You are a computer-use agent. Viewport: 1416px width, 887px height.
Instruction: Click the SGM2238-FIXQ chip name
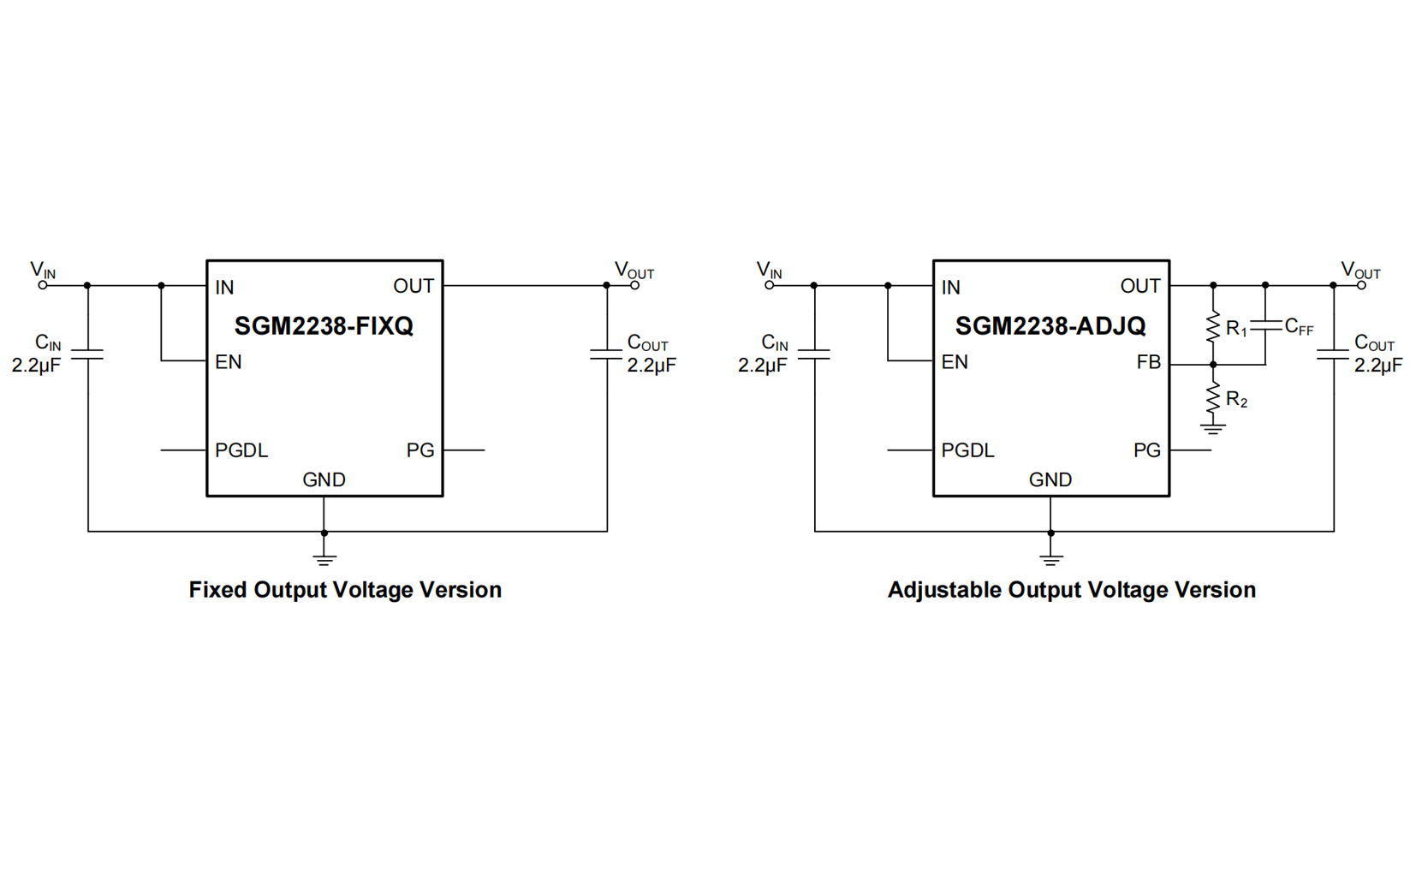click(x=324, y=326)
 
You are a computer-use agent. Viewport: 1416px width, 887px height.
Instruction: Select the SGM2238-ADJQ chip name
click(x=1050, y=326)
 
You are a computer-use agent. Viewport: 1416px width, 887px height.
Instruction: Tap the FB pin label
click(x=1148, y=363)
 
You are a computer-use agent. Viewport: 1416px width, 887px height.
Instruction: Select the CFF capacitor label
click(x=1299, y=327)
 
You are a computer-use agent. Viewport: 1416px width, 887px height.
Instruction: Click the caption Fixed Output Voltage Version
click(x=345, y=590)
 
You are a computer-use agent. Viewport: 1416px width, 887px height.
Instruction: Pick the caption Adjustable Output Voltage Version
click(x=1071, y=590)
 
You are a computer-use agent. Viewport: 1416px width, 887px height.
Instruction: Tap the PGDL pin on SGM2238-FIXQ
click(x=241, y=450)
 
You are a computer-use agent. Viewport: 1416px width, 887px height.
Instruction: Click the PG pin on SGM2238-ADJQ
click(x=1146, y=450)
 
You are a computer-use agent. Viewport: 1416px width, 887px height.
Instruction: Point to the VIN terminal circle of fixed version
click(x=43, y=285)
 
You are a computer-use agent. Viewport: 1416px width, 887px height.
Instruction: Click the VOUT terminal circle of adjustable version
click(x=1361, y=285)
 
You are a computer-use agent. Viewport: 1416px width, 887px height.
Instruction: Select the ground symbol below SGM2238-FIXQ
click(x=324, y=559)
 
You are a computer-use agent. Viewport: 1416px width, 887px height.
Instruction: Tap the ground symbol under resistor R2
click(x=1212, y=428)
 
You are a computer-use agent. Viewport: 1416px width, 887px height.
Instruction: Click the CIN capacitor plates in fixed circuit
click(x=87, y=354)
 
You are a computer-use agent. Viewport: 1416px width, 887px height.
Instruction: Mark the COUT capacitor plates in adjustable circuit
click(x=1333, y=354)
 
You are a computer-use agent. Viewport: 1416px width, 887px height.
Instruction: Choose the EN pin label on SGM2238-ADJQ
click(x=955, y=362)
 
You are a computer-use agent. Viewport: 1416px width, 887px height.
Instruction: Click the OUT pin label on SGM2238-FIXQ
click(x=413, y=286)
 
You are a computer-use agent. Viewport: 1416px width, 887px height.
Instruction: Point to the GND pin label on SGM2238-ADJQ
click(x=1050, y=479)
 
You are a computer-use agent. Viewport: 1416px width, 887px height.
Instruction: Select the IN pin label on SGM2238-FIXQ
click(x=224, y=288)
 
